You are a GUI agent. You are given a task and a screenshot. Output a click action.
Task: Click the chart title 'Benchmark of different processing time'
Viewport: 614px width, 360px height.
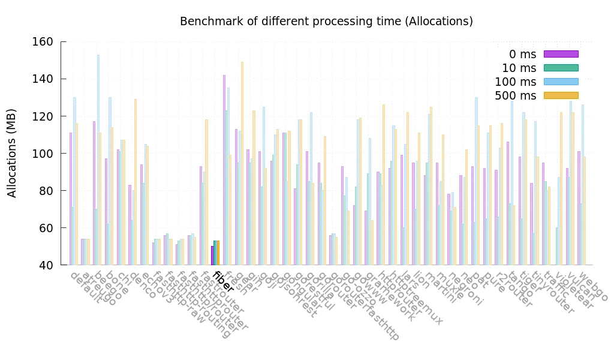326,22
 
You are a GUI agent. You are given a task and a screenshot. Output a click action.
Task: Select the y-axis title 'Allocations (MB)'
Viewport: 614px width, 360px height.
12,153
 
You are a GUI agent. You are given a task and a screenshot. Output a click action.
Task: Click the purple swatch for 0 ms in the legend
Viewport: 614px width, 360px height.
561,54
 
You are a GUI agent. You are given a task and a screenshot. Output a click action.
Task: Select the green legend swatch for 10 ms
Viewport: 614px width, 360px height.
561,68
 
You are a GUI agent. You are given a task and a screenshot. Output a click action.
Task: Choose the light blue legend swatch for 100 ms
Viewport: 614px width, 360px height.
561,82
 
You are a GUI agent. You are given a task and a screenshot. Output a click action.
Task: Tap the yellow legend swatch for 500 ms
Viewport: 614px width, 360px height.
561,95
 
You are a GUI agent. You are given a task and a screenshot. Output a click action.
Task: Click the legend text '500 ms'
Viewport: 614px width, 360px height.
515,96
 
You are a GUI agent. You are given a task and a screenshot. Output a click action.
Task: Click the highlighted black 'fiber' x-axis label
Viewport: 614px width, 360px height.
223,282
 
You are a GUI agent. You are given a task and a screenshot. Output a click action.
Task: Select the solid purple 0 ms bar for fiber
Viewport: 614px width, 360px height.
212,256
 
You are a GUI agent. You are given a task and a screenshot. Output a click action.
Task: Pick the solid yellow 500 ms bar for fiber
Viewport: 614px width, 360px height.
218,253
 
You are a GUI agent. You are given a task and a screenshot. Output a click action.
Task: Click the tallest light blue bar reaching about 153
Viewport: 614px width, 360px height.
98,159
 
